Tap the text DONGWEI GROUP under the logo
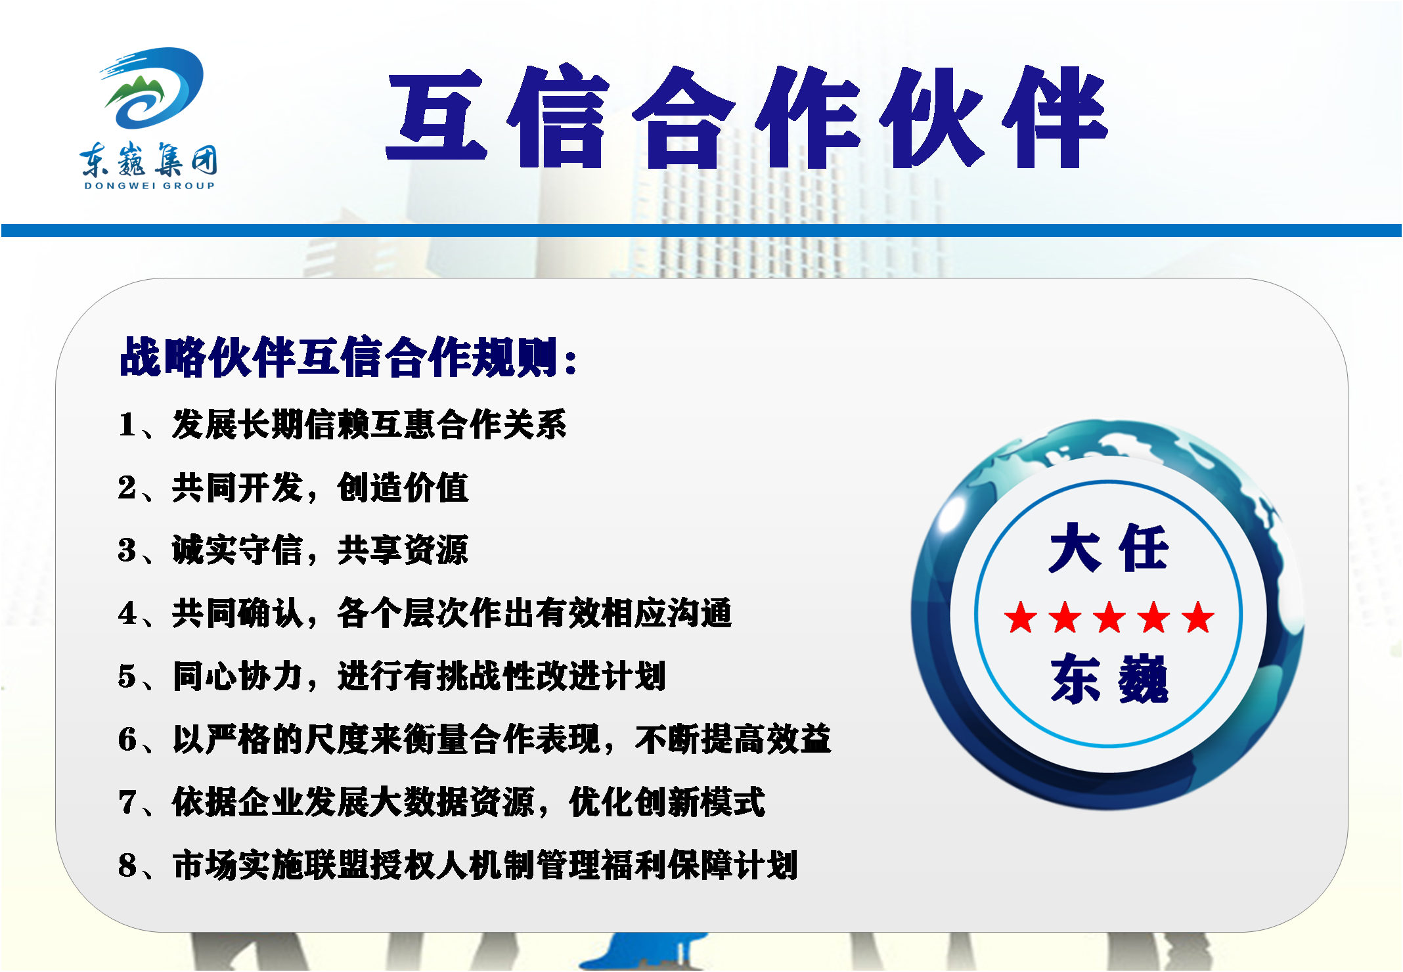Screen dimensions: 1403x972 [150, 186]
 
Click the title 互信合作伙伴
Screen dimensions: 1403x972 [747, 118]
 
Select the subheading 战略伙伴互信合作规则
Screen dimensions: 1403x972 [340, 357]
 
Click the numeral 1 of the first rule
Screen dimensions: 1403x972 [127, 424]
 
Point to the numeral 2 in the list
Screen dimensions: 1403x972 [127, 487]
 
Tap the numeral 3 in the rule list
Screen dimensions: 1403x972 [127, 550]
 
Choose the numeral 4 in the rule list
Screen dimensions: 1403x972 [127, 613]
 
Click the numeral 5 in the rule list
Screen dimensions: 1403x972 [127, 676]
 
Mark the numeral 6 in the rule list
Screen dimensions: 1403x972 [127, 740]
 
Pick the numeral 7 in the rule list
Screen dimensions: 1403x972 [127, 803]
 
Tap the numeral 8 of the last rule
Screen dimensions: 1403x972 [127, 866]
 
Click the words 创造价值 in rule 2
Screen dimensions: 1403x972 [403, 487]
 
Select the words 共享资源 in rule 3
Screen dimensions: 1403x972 [403, 550]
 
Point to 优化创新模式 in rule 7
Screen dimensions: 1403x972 [667, 803]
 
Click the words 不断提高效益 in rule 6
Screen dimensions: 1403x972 [733, 740]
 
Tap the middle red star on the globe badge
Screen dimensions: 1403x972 [1109, 618]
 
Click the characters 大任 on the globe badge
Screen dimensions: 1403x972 [1109, 548]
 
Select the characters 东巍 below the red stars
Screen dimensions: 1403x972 [1109, 679]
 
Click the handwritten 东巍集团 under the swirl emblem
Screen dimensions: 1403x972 [148, 159]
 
